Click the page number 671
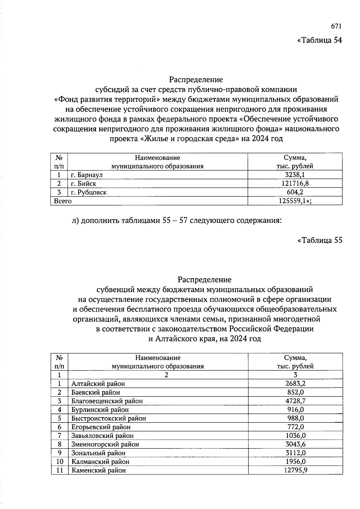[336, 26]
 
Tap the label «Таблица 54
[319, 40]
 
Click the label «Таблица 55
[319, 240]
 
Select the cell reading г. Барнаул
[87, 175]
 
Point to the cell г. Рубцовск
[89, 192]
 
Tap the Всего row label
[62, 201]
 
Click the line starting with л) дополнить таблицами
[177, 221]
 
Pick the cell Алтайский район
[98, 384]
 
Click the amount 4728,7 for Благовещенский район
[295, 401]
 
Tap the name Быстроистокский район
[109, 418]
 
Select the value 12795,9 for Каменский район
[295, 470]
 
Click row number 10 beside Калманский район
[60, 462]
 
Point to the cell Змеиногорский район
[105, 444]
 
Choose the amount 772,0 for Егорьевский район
[295, 427]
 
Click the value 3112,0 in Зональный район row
[295, 453]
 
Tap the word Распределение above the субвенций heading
[205, 280]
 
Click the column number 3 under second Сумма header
[295, 375]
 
